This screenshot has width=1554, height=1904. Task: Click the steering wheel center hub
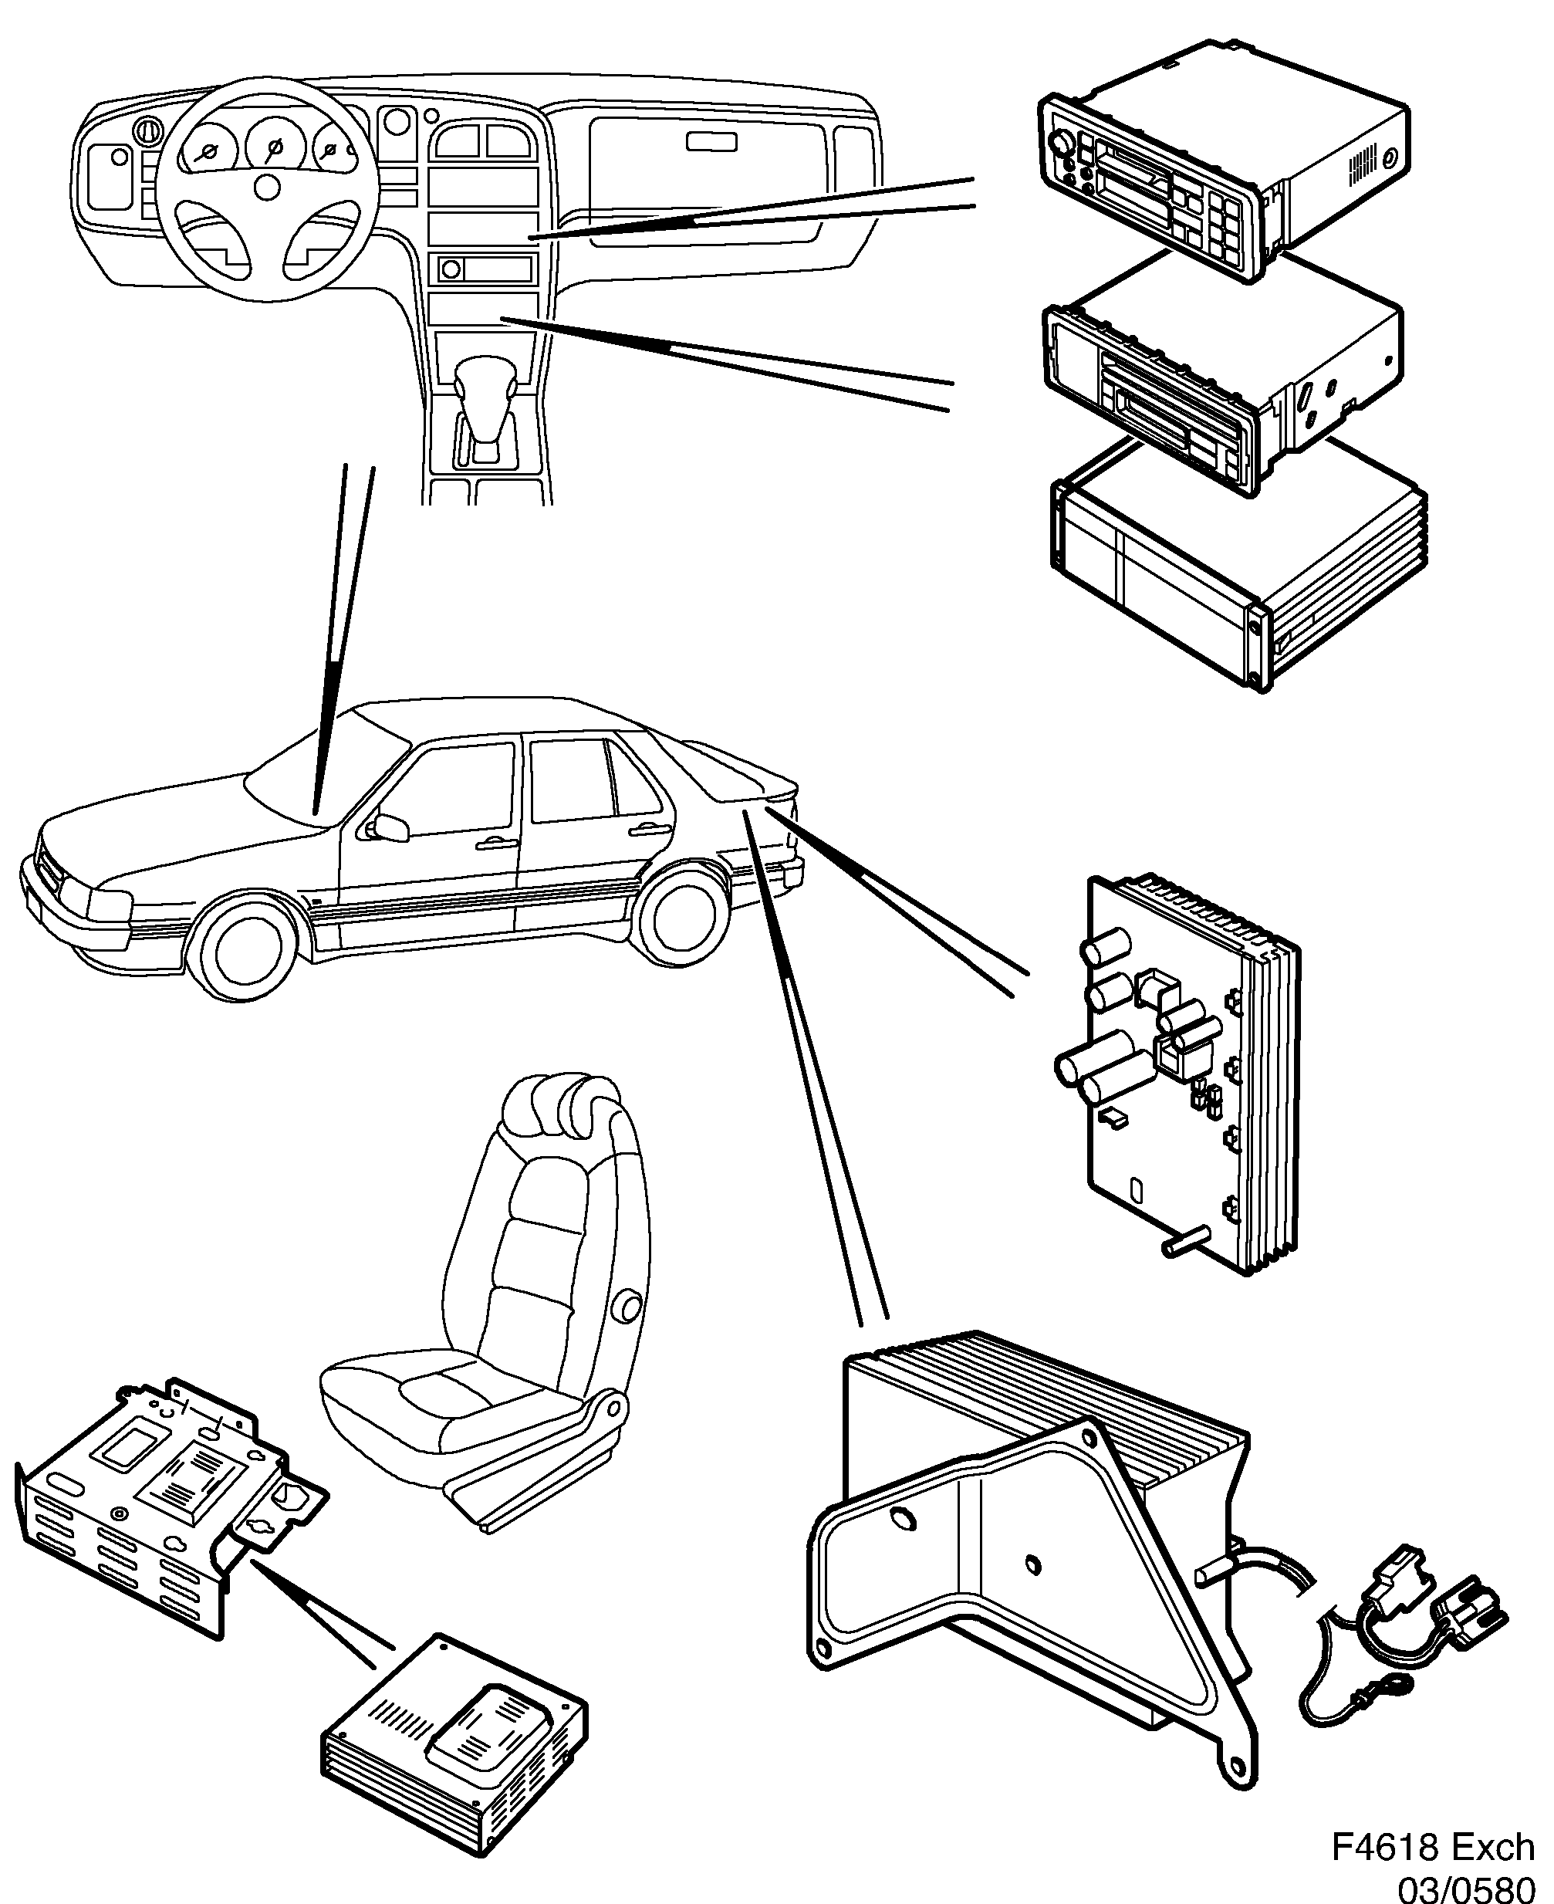point(267,186)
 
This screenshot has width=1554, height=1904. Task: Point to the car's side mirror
point(392,827)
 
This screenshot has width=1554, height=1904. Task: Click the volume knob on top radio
point(1061,144)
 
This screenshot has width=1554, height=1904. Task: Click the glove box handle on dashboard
point(711,141)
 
